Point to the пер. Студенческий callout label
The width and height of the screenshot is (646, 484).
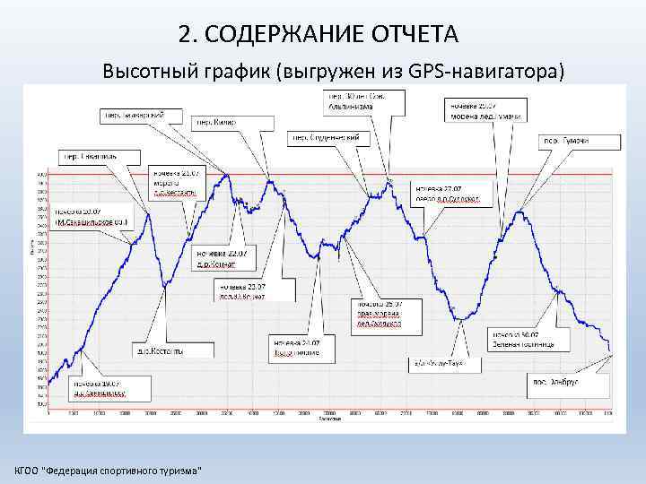tap(329, 137)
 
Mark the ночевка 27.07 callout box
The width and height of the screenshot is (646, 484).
tap(447, 193)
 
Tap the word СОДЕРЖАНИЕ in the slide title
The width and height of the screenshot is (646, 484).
tap(286, 34)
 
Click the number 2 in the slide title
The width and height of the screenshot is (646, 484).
tap(185, 34)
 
